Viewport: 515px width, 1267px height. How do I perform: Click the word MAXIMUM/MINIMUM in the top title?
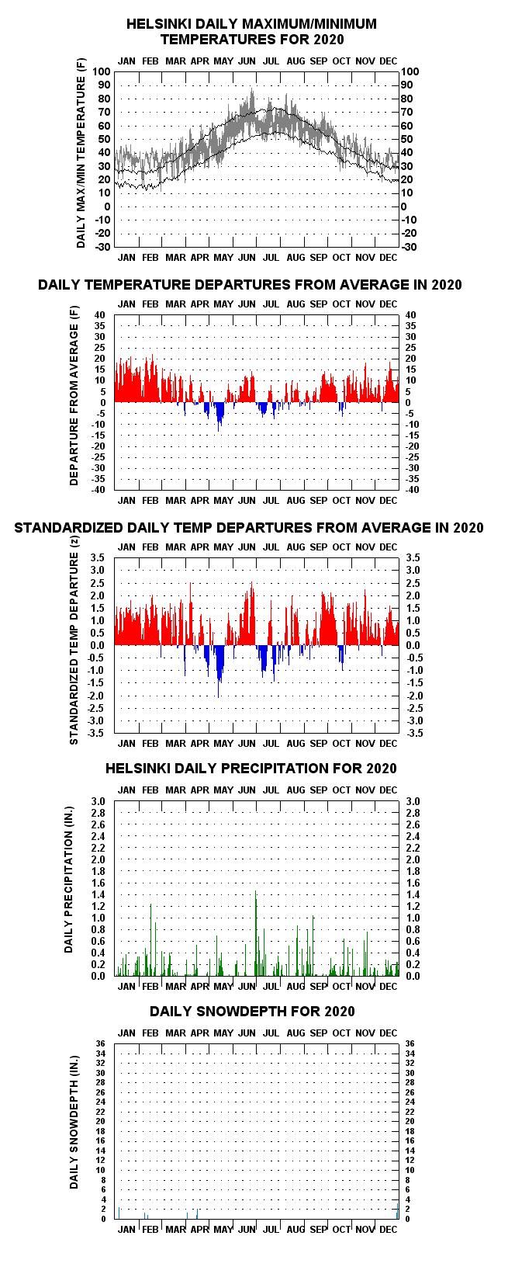tap(309, 24)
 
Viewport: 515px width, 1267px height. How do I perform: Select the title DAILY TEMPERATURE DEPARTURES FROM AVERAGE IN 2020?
tap(250, 284)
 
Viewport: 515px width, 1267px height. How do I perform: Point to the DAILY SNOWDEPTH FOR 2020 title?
tap(252, 1012)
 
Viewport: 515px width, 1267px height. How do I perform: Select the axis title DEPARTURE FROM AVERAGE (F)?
tap(74, 396)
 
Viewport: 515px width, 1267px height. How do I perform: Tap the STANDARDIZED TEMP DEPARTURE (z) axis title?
tap(74, 640)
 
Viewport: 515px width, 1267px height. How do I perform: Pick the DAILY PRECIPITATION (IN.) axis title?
tap(69, 880)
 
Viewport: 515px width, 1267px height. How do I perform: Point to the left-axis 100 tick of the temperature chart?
tap(101, 71)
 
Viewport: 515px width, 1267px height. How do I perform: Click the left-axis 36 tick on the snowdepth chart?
tap(101, 1043)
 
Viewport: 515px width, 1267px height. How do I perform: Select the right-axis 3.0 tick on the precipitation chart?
tap(413, 801)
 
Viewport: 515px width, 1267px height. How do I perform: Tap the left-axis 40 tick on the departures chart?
tap(99, 315)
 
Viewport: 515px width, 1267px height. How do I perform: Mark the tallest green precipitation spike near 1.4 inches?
tap(255, 933)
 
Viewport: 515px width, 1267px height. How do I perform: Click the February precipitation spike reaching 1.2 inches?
tap(150, 940)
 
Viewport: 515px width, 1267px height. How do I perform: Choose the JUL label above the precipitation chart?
tap(271, 790)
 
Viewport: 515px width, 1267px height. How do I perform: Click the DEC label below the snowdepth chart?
tap(389, 1230)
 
